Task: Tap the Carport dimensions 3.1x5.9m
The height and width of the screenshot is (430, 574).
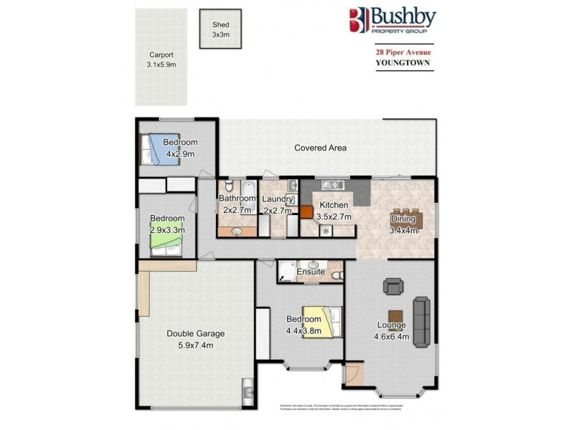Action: (x=161, y=64)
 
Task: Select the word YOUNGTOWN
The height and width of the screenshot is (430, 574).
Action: (x=403, y=62)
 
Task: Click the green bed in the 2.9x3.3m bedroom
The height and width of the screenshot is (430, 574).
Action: (x=166, y=246)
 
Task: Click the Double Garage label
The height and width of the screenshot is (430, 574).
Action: (x=196, y=333)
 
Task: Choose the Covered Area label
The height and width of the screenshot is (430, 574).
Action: (x=321, y=148)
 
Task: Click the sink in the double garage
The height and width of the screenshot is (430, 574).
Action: (x=248, y=391)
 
